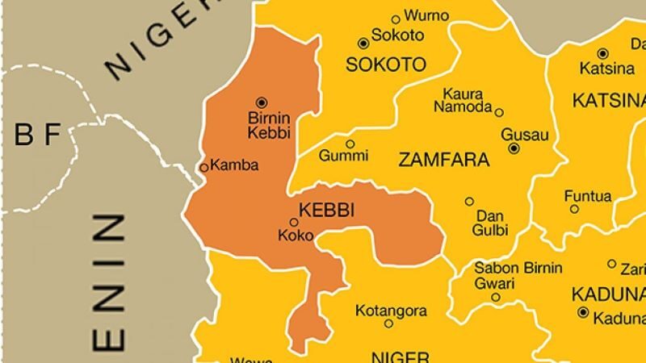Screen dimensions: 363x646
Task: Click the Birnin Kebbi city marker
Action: point(261,102)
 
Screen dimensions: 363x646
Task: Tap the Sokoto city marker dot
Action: point(363,43)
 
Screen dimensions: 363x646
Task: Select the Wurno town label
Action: point(426,16)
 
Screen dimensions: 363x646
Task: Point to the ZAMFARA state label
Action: point(444,160)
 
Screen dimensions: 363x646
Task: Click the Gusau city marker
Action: point(514,148)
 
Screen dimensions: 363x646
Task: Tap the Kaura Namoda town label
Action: point(463,100)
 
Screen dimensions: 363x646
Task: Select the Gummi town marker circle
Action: point(350,144)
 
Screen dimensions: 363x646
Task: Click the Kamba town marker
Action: point(204,167)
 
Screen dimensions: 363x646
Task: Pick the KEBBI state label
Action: point(328,210)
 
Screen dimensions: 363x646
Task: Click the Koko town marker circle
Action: point(294,223)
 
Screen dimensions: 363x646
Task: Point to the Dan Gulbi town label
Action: point(491,223)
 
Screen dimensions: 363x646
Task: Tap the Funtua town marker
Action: point(574,209)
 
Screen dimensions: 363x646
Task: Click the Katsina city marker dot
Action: point(602,52)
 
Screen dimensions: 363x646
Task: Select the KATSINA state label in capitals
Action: point(608,101)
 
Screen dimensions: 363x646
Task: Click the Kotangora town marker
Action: point(388,323)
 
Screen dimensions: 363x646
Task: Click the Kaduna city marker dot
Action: point(582,312)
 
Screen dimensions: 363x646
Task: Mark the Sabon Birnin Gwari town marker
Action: point(495,298)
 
